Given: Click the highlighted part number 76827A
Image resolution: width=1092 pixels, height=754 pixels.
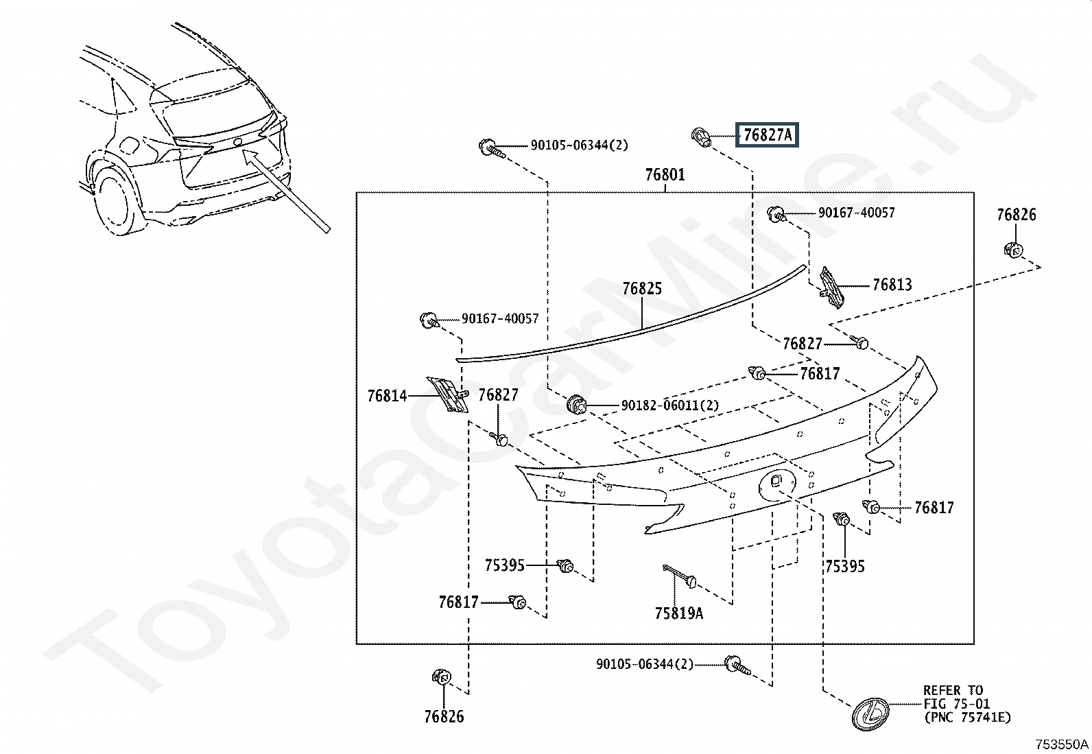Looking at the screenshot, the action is click(x=768, y=134).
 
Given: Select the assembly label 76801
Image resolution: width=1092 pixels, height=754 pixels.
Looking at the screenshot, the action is click(x=665, y=174).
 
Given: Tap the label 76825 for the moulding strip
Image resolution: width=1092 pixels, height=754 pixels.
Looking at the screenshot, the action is click(x=642, y=289).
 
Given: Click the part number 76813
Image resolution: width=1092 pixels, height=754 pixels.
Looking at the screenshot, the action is click(x=892, y=285).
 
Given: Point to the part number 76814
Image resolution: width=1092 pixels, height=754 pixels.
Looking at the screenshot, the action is click(x=387, y=396).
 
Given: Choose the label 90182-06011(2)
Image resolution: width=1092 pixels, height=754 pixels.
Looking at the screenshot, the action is click(x=670, y=405).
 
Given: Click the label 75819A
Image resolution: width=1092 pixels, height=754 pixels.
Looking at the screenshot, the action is click(x=679, y=613).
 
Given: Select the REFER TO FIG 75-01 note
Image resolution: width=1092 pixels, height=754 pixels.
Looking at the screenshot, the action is click(x=966, y=704).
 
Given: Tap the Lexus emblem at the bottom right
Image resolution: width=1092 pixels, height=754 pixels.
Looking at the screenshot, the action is click(x=870, y=714).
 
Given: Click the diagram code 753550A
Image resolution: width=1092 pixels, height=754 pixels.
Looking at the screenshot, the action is click(x=1062, y=744).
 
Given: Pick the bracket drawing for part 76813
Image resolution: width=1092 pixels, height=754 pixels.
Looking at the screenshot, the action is click(x=831, y=287).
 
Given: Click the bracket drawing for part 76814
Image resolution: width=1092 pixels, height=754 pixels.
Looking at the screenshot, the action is click(x=447, y=394).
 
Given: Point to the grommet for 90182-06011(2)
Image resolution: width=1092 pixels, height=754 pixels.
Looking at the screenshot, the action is click(x=576, y=405).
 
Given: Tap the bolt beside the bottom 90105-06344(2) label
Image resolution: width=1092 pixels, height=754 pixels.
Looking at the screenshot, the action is click(x=737, y=665).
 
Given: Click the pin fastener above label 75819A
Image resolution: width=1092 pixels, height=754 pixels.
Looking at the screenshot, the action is click(x=679, y=576).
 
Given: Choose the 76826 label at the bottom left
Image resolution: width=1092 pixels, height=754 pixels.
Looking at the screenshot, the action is click(x=444, y=716).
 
